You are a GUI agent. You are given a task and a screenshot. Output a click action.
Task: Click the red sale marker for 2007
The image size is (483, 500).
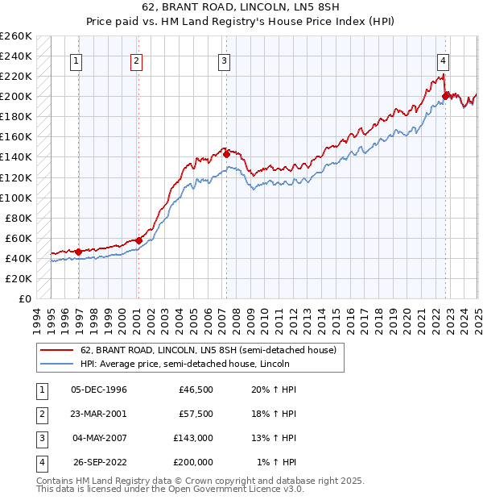226,153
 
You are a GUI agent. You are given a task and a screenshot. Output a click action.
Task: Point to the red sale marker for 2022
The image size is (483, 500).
445,95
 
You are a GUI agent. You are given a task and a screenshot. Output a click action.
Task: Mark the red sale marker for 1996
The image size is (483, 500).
78,252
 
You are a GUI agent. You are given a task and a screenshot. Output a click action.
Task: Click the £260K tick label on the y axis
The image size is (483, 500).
15,36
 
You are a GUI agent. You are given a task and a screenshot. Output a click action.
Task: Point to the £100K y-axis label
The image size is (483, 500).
15,198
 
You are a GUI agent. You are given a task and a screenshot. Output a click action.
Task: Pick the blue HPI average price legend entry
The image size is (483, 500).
184,365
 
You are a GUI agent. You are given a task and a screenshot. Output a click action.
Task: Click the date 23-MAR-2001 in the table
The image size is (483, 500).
99,414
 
